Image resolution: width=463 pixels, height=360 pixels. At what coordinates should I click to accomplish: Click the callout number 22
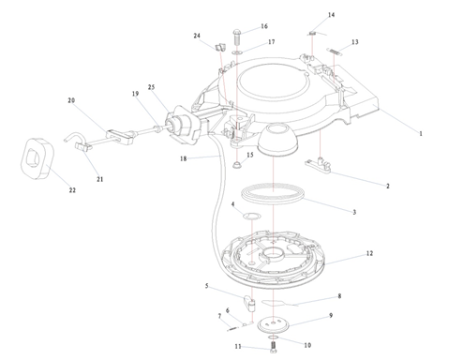[x=72, y=190]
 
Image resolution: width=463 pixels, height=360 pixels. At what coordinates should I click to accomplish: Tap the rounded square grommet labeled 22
[x=37, y=158]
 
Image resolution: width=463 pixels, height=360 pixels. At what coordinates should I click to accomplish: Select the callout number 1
[x=421, y=134]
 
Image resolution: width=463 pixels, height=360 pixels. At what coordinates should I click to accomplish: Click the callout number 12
[x=369, y=253]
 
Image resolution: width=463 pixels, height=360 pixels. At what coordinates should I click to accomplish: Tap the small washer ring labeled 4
[x=252, y=216]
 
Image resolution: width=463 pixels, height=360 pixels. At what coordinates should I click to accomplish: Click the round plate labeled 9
[x=274, y=325]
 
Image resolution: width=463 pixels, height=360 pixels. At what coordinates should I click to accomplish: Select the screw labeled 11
[x=274, y=347]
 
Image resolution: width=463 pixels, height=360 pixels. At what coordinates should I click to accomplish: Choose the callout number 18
[x=183, y=158]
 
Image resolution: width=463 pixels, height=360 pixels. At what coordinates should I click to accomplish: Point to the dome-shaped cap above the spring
[x=278, y=139]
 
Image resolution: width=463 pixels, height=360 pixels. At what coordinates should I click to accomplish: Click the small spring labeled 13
[x=335, y=52]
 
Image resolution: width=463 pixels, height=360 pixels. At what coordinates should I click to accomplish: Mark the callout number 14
[x=331, y=15]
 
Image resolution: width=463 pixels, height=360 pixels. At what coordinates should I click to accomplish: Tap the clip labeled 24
[x=221, y=47]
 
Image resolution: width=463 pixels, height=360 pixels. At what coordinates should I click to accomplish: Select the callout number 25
[x=151, y=87]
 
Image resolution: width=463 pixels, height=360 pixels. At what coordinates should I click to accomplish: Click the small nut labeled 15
[x=237, y=164]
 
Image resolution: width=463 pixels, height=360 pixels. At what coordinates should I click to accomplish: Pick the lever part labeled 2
[x=318, y=165]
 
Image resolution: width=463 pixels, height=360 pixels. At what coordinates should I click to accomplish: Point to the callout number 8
[x=339, y=296]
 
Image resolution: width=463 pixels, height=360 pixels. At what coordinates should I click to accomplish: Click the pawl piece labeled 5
[x=249, y=303]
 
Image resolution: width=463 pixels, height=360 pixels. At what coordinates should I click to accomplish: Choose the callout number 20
[x=71, y=100]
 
